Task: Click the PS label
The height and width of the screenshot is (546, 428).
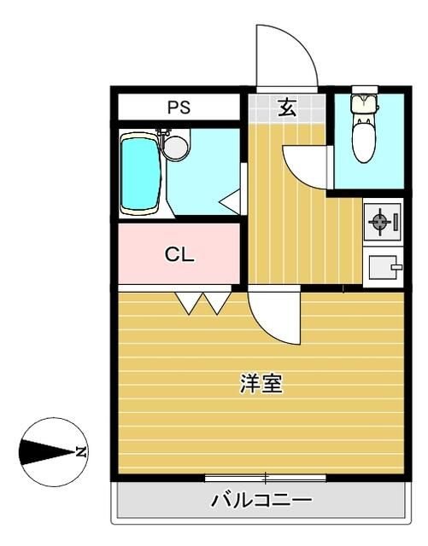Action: (x=179, y=107)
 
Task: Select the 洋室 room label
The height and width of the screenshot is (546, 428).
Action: (x=261, y=385)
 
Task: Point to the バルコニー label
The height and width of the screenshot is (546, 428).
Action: (x=261, y=500)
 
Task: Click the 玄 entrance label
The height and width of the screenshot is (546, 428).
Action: (x=286, y=107)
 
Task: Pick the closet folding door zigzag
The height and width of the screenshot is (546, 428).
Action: (x=203, y=300)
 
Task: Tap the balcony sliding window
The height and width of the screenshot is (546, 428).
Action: (x=266, y=477)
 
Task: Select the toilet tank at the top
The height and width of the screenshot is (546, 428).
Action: (x=366, y=102)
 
